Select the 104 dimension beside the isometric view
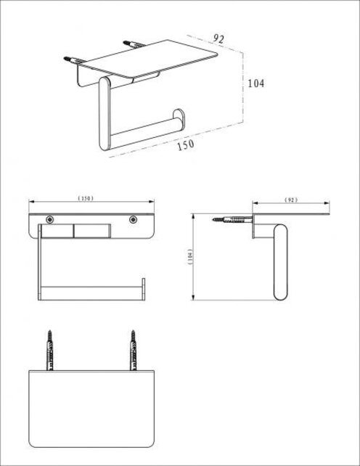tap(255, 83)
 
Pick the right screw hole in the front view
tap(134, 218)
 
